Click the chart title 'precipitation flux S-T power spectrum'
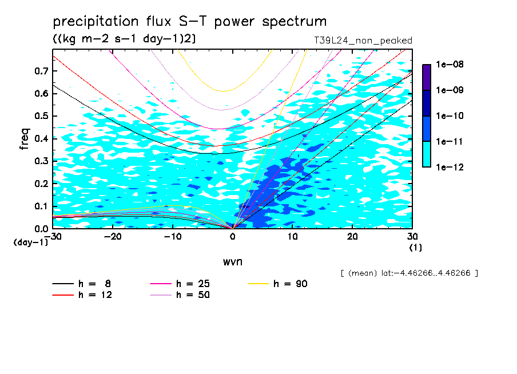coord(190,22)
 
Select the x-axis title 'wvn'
coord(232,261)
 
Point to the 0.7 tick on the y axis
coord(42,71)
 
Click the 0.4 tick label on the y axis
coord(42,138)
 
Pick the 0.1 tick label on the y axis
coord(42,206)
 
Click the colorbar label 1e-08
coord(450,65)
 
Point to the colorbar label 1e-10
coord(450,116)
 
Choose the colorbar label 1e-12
coord(450,167)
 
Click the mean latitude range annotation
coord(409,273)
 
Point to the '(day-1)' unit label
coord(31,242)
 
